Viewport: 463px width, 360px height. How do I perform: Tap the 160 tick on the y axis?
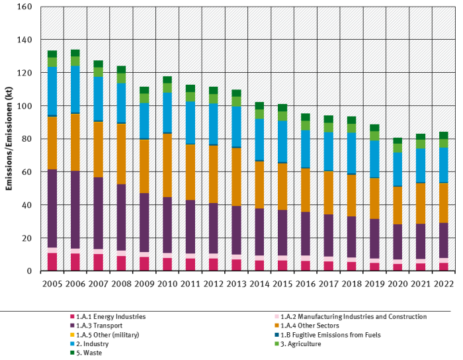[24, 7]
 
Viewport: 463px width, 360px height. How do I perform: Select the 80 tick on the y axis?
[27, 139]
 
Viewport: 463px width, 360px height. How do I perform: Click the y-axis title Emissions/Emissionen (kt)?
[9, 139]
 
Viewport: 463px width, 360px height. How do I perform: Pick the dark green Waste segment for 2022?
[444, 135]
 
